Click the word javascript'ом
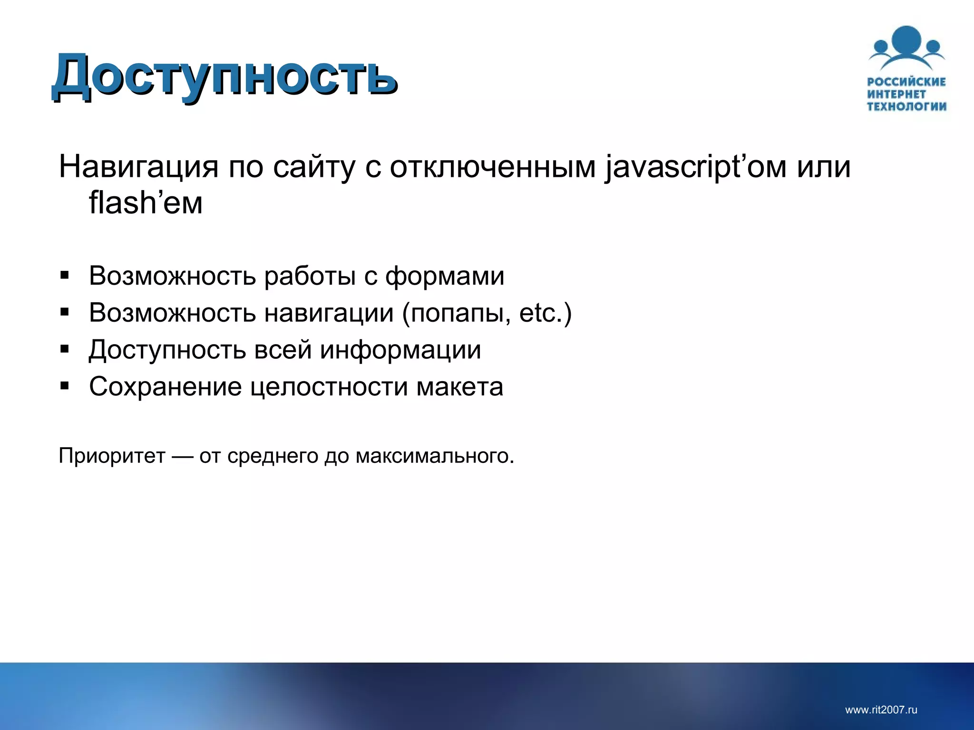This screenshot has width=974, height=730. point(694,167)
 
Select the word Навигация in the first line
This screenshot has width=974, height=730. point(138,167)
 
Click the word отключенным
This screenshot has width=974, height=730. point(492,167)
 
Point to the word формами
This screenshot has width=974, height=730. point(445,276)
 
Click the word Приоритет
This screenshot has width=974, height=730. point(112,456)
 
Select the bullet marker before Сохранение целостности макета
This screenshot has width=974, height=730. point(65,386)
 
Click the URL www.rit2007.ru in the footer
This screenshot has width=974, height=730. point(881,710)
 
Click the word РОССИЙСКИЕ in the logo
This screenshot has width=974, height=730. point(906,82)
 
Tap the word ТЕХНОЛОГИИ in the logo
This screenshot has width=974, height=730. point(906,106)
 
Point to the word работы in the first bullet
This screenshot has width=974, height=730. point(310,276)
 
